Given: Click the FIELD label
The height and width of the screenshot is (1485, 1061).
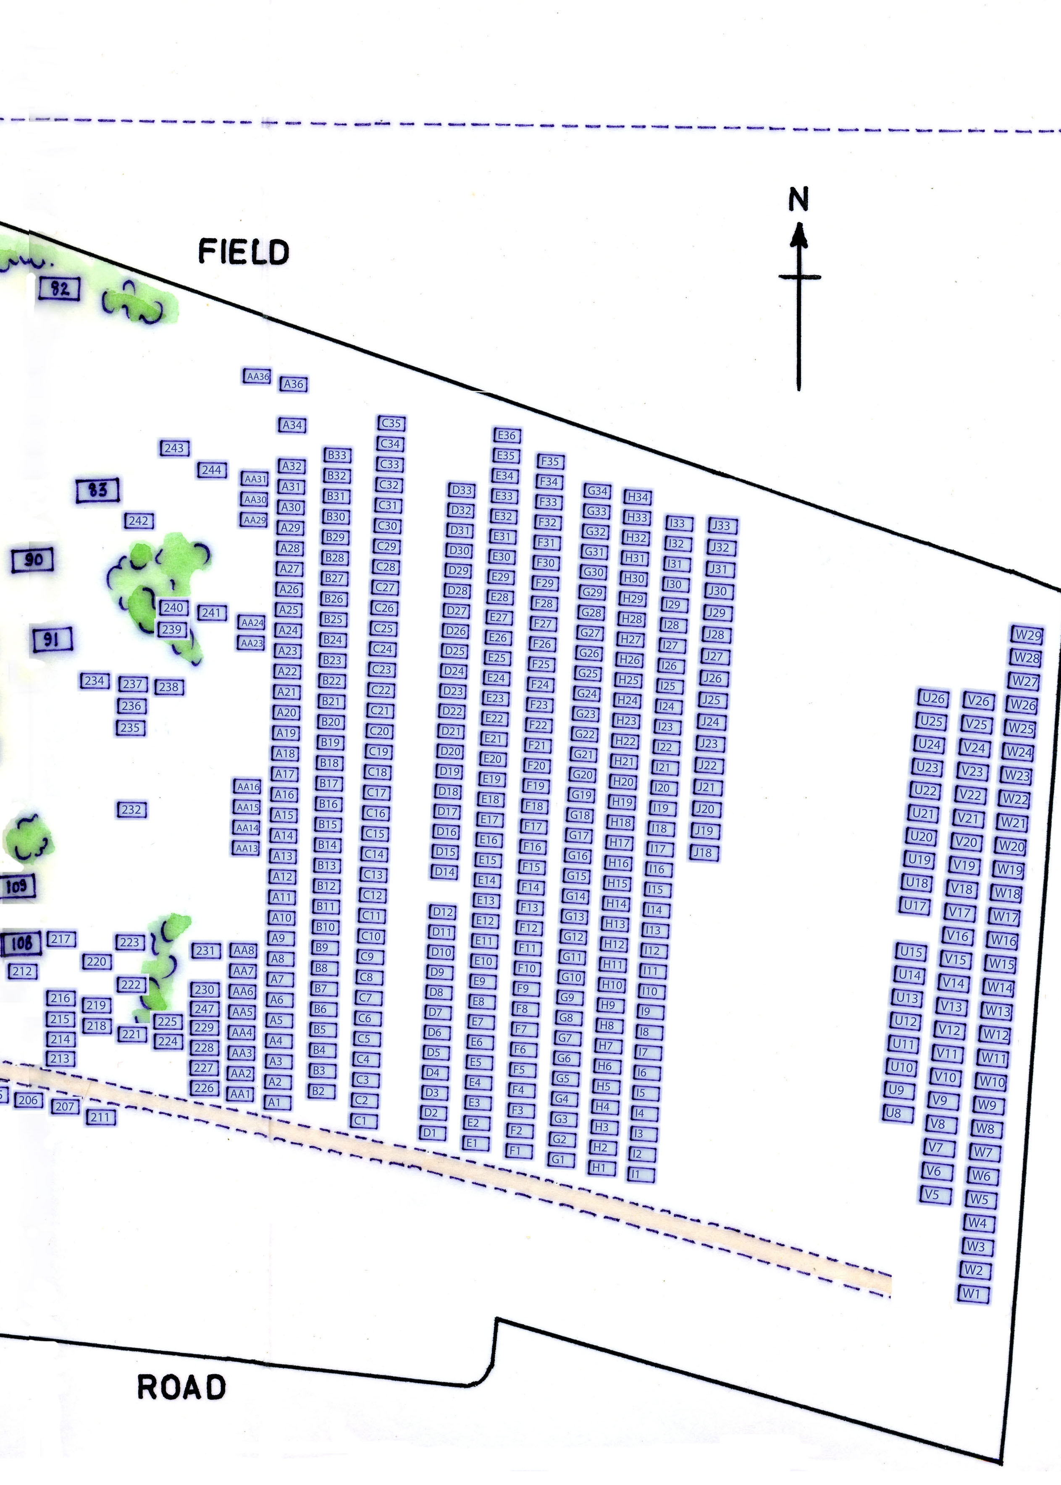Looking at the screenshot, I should (243, 251).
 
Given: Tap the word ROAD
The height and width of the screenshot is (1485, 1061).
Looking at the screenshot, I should (181, 1387).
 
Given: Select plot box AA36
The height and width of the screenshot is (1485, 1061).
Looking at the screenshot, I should (257, 376).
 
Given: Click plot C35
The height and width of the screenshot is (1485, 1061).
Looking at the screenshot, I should (391, 423).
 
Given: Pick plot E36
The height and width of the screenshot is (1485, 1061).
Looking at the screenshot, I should (506, 435).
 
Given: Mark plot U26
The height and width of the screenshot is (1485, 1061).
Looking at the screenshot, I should (933, 698).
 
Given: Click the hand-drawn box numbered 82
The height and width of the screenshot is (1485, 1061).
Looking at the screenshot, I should (60, 288).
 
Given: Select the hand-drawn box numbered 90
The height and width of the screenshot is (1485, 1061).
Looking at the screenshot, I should (33, 560).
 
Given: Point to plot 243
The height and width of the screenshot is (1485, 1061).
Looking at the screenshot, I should (174, 448).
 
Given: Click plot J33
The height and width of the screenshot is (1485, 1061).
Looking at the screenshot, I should (721, 525).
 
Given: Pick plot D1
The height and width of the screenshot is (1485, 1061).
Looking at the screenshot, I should (429, 1132).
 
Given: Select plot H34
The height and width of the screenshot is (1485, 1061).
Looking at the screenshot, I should (637, 497).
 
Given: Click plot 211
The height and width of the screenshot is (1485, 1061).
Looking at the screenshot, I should (100, 1117).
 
